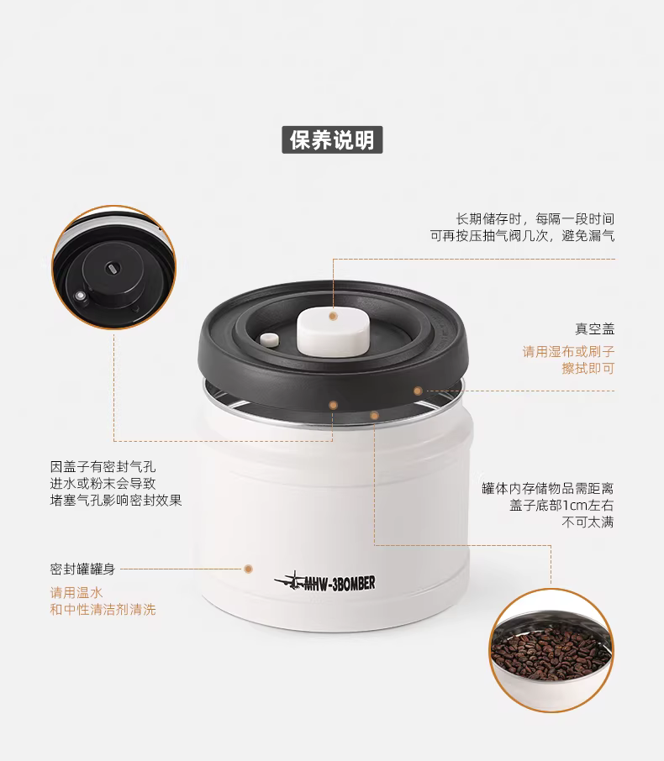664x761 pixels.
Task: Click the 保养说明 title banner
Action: (332, 139)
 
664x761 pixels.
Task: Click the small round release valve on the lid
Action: (270, 339)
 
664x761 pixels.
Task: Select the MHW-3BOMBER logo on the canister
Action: (325, 581)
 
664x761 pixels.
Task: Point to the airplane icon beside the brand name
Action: (289, 580)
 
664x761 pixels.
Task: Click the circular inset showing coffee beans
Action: (551, 650)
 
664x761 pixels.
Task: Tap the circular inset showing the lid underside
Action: (113, 267)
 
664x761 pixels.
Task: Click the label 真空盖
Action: (594, 329)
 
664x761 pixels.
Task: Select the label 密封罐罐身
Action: (82, 569)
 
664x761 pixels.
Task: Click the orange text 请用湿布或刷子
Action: (568, 351)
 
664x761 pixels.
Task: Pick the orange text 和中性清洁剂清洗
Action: (103, 609)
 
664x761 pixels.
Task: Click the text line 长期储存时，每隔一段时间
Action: (535, 219)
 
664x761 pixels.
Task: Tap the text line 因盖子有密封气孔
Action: (103, 467)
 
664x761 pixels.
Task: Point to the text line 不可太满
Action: (588, 522)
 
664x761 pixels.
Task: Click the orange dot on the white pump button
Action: (333, 317)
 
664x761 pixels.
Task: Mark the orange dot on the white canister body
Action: (248, 569)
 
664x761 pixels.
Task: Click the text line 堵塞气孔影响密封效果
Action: (116, 500)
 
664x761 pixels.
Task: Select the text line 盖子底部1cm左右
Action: (561, 505)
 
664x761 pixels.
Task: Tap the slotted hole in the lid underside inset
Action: (113, 268)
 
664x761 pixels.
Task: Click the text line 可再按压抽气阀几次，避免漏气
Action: (522, 236)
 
